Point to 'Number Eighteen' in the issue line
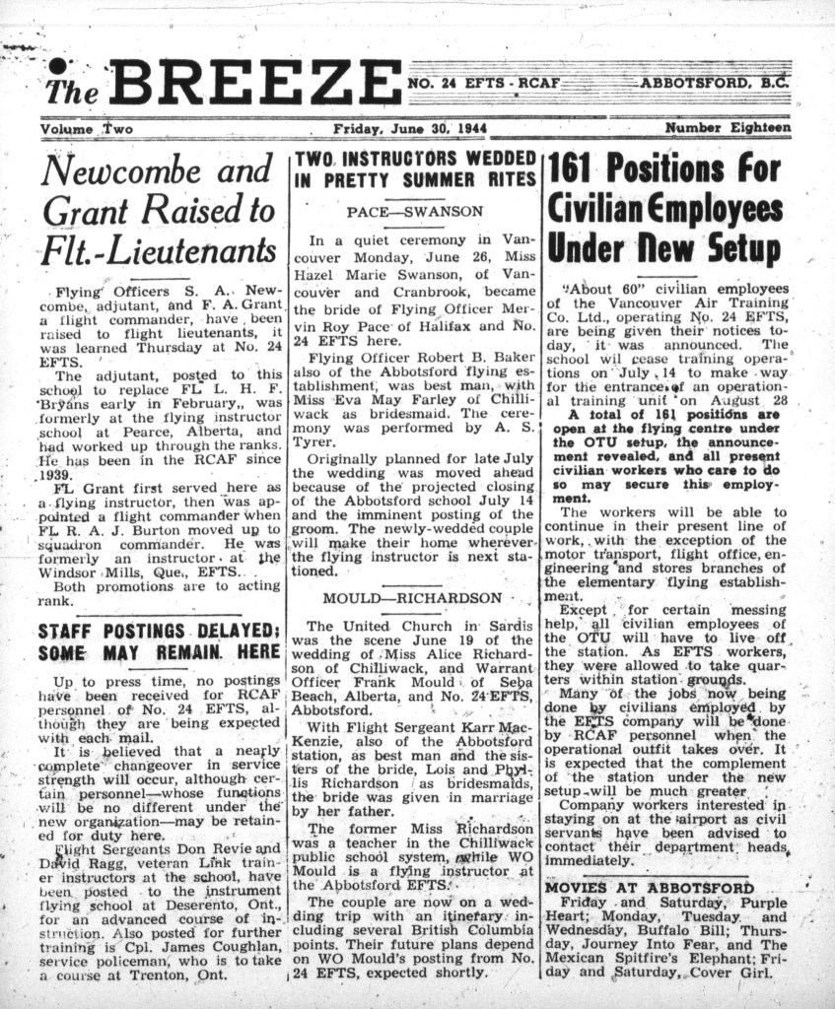(728, 128)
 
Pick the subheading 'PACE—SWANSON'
(414, 211)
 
